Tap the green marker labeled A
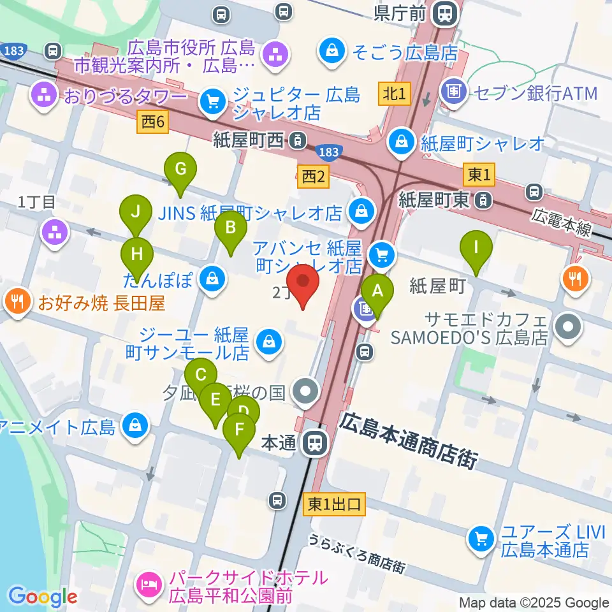tap(377, 294)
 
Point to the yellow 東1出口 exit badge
tap(335, 505)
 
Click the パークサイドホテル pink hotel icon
tap(148, 583)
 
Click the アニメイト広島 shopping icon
tap(135, 426)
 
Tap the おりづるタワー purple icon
tap(44, 98)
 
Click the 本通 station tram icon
tap(313, 442)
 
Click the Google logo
tap(43, 597)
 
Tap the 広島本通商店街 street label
tap(408, 439)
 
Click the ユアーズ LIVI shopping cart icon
tap(479, 539)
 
